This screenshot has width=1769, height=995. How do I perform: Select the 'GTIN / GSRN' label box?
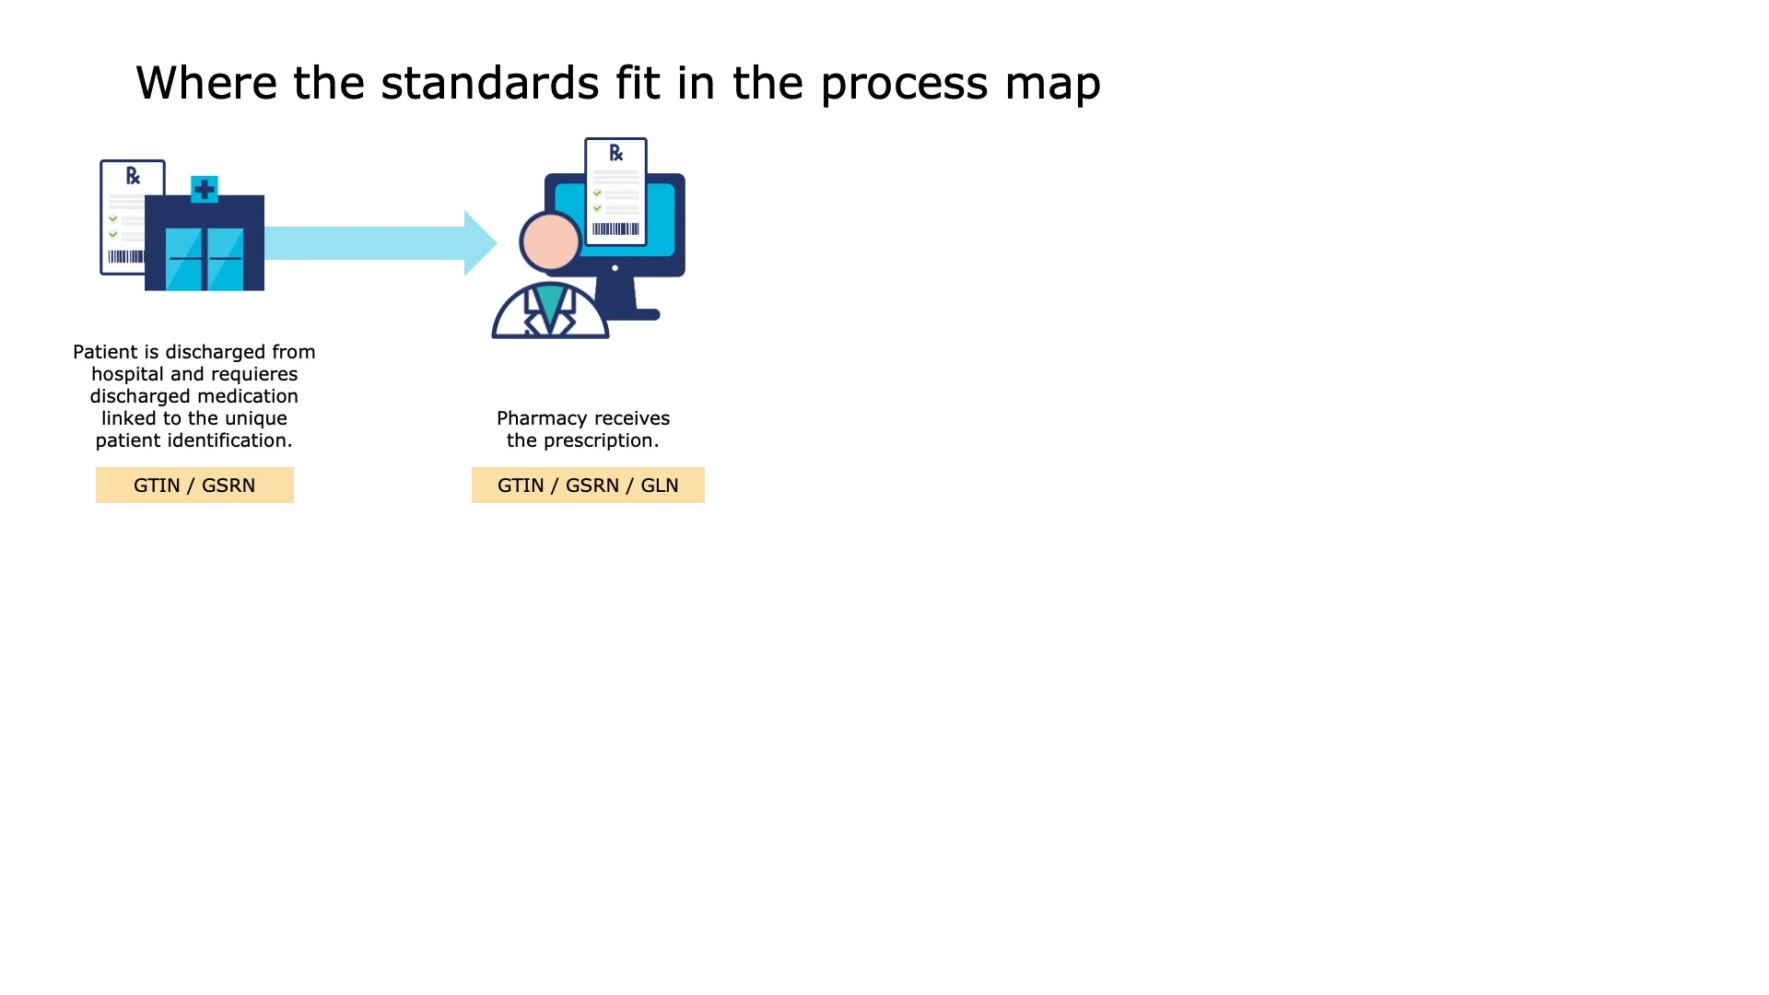pyautogui.click(x=194, y=486)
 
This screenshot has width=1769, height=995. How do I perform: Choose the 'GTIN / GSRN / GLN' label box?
pyautogui.click(x=588, y=486)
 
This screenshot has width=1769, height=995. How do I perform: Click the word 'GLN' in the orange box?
pyautogui.click(x=660, y=486)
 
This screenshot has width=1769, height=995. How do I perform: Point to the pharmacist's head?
pyautogui.click(x=550, y=241)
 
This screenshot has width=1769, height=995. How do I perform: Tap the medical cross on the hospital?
pyautogui.click(x=205, y=190)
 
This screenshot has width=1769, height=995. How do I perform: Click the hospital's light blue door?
pyautogui.click(x=205, y=260)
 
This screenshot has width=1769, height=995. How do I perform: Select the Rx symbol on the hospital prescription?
pyautogui.click(x=133, y=176)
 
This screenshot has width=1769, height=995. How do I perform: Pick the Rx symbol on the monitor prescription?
pyautogui.click(x=616, y=153)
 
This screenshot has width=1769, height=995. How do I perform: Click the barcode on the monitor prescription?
pyautogui.click(x=615, y=228)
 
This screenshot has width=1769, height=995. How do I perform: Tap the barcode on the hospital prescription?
pyautogui.click(x=126, y=256)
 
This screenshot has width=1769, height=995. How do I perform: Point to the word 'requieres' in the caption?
pyautogui.click(x=254, y=375)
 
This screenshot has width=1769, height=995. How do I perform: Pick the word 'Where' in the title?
pyautogui.click(x=206, y=83)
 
